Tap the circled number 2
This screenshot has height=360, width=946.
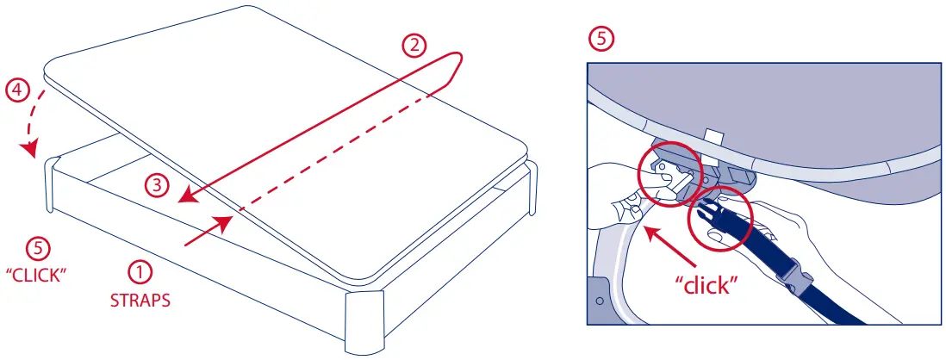coord(416,46)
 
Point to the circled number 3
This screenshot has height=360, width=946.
coord(154,184)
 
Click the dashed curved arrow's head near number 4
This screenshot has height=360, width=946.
coord(31,152)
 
